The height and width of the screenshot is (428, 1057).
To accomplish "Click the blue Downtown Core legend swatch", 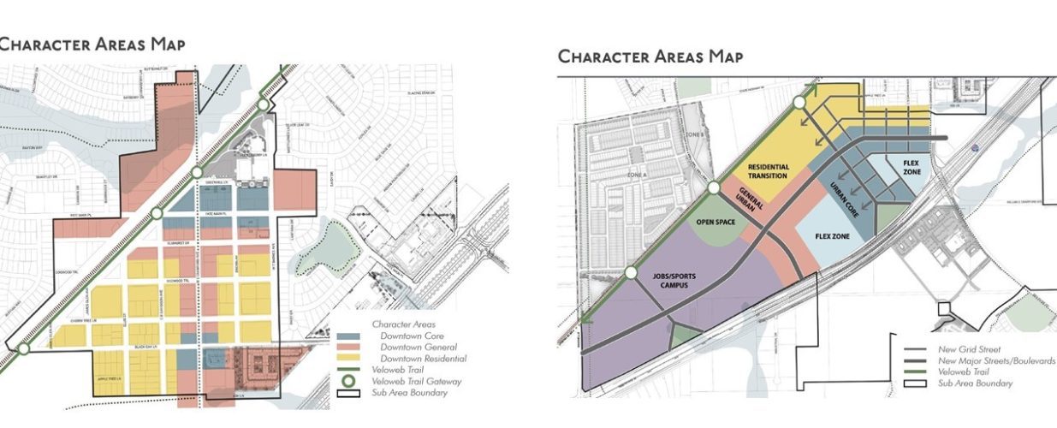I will pos(348,336).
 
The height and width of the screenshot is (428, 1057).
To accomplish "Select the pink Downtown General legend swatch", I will pos(348,347).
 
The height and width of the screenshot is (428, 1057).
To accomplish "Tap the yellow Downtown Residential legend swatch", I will pos(348,358).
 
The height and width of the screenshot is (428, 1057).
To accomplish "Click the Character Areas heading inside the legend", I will pos(404,324).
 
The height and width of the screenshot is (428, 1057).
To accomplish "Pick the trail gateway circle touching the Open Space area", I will pos(714,188).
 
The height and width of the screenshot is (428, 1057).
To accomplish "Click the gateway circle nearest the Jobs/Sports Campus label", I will pos(631,274).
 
